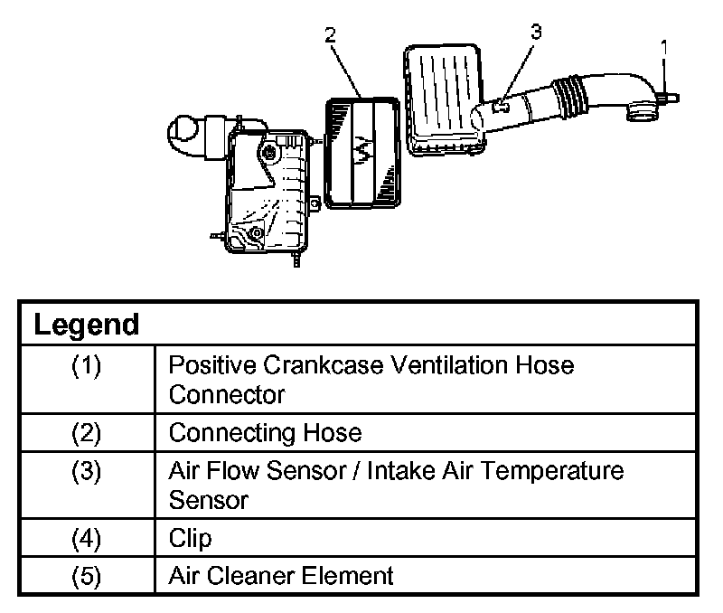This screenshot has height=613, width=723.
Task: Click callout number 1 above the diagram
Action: point(664,44)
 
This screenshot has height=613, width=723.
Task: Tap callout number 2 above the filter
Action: point(331,35)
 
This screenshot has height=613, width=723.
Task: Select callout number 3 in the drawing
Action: point(536,32)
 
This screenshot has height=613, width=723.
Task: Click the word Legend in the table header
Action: point(87,325)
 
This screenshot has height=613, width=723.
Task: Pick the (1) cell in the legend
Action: point(87,367)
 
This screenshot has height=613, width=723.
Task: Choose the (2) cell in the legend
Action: point(87,433)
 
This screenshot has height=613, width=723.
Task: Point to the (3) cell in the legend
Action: point(87,472)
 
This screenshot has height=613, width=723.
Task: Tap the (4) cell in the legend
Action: point(87,539)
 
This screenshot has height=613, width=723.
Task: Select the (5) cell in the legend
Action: point(87,576)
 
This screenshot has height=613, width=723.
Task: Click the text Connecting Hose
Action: point(265,433)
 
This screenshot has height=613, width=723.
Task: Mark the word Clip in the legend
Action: point(190,539)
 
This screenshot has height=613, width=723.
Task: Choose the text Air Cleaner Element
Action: point(281,576)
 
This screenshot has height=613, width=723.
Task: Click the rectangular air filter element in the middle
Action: point(362,152)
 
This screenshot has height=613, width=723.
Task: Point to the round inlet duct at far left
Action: point(185,134)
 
